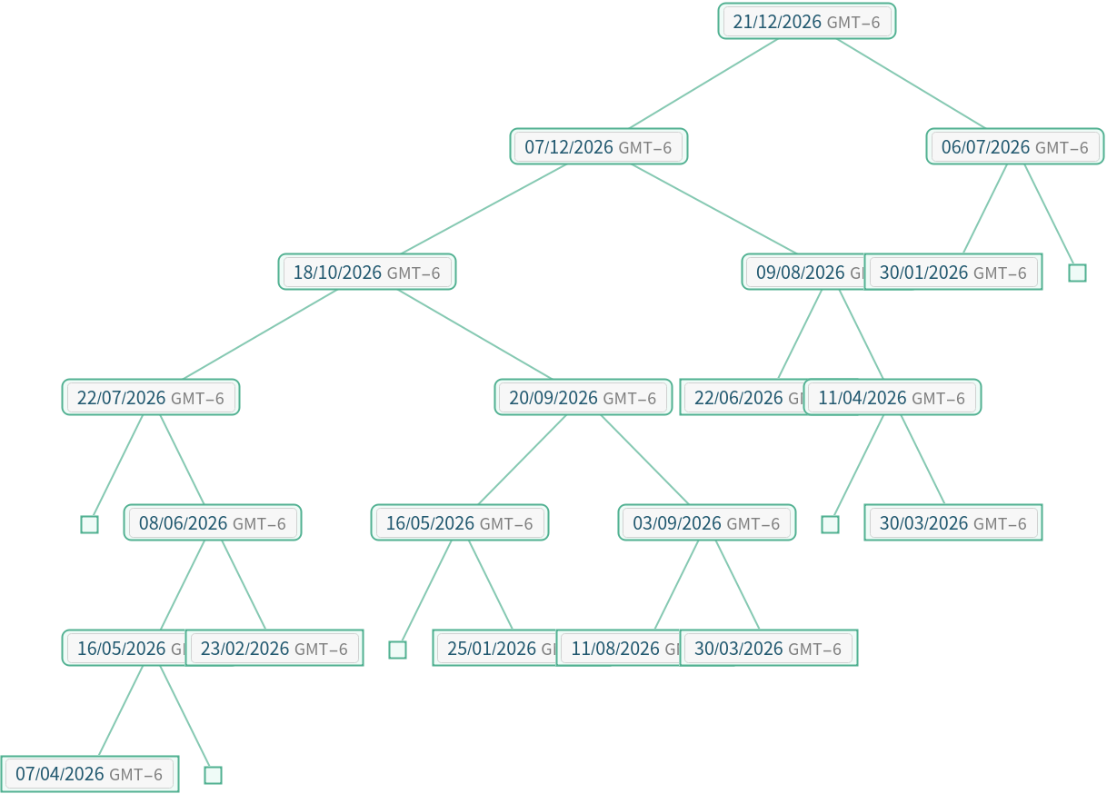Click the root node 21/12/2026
click(x=806, y=21)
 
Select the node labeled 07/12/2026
click(x=598, y=146)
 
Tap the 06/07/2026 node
click(x=1014, y=146)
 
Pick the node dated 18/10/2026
click(x=366, y=272)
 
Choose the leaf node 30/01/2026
click(x=952, y=272)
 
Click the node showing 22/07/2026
click(x=150, y=397)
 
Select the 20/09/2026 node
click(x=583, y=397)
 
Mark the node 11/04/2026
click(x=892, y=397)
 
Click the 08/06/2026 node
click(x=212, y=522)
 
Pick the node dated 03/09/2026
click(x=706, y=522)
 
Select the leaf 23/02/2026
click(x=274, y=648)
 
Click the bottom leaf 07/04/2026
click(x=89, y=774)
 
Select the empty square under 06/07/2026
click(x=1077, y=273)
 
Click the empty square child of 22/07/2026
click(x=89, y=524)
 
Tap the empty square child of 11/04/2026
click(x=830, y=524)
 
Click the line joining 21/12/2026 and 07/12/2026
click(x=703, y=84)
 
